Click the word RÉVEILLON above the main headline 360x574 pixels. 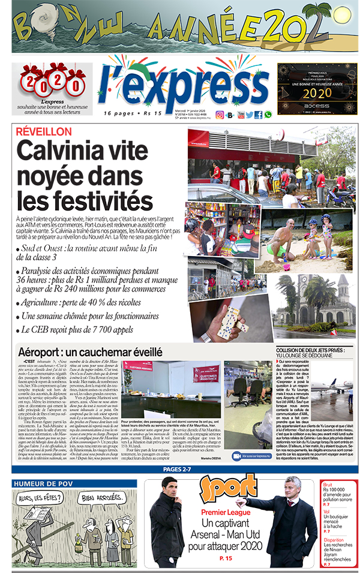coord(44,131)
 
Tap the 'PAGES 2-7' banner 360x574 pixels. coord(179,469)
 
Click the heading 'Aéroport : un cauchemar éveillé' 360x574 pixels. coord(90,352)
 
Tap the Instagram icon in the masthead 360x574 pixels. coord(220,115)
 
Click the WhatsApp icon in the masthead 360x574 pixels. coord(268,115)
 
